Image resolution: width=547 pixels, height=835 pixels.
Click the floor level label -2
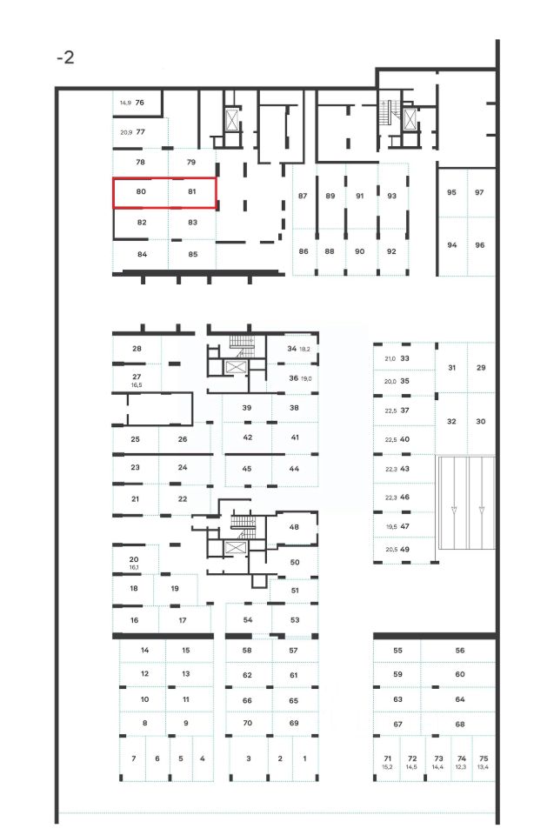[65, 58]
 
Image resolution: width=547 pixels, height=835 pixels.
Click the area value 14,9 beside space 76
[125, 103]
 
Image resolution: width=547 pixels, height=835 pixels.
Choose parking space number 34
[292, 348]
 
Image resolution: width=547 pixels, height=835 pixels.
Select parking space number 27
[137, 376]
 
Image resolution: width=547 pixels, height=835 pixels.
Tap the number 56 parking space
[460, 651]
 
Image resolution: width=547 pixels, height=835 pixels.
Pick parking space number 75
[484, 758]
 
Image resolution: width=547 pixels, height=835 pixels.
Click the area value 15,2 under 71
[388, 767]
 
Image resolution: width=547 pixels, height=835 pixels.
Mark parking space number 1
[304, 758]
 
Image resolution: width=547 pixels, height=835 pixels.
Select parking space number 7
[134, 758]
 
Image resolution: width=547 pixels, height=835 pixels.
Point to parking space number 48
[294, 527]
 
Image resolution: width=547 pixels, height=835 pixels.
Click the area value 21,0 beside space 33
[390, 357]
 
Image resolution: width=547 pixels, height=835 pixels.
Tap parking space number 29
[481, 368]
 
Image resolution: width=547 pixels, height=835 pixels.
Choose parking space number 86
[304, 250]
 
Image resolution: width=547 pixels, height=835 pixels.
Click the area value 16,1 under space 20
[134, 567]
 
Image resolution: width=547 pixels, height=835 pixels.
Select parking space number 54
[248, 619]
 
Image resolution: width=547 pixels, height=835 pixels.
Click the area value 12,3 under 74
[462, 767]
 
